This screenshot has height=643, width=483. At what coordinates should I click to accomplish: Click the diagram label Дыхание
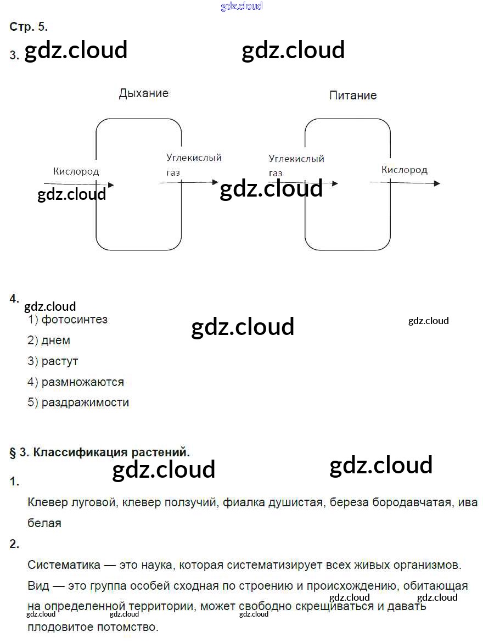point(143,93)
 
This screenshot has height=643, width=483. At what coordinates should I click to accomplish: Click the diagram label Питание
point(352,96)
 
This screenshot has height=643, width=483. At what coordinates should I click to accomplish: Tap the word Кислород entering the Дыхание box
point(76,171)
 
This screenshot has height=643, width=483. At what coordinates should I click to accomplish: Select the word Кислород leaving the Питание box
point(404,170)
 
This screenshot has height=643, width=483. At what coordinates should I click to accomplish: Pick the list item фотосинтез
point(74,320)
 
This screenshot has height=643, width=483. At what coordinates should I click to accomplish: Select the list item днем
point(55,340)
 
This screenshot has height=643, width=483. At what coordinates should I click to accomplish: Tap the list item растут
point(60,361)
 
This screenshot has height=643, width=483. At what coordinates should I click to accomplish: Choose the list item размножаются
point(82,382)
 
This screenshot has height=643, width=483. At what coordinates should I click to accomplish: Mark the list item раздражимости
point(85,402)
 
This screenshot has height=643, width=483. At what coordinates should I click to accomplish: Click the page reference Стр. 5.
point(29,26)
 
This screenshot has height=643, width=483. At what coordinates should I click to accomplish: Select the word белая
point(44,523)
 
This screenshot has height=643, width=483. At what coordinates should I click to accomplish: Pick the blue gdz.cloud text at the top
point(241,6)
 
